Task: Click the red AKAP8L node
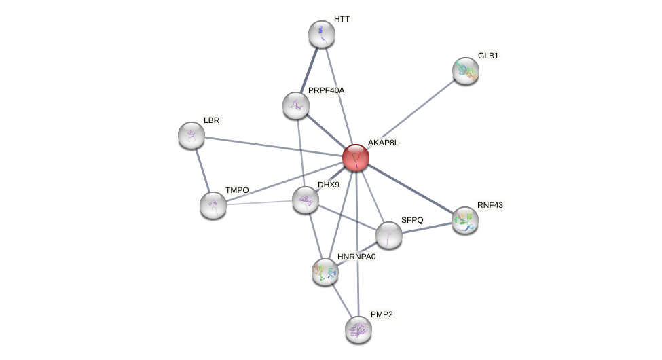(x=356, y=158)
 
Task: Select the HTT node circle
(x=322, y=34)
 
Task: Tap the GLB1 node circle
(x=466, y=71)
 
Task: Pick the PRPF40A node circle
(x=296, y=105)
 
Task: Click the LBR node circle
(x=191, y=135)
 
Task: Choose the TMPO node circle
(x=213, y=205)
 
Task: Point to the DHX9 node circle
(x=306, y=200)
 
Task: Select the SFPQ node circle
(x=389, y=235)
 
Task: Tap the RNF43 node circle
(x=465, y=220)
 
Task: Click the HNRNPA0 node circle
(x=325, y=272)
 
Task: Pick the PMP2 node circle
(x=358, y=329)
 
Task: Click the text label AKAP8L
(x=383, y=143)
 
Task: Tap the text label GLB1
(x=488, y=56)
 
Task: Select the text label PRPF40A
(x=326, y=90)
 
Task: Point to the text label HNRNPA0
(x=356, y=257)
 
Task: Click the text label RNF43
(x=490, y=205)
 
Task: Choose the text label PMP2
(x=381, y=314)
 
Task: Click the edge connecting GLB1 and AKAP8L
(x=411, y=114)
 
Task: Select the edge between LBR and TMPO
(x=202, y=170)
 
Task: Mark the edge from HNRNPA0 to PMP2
(x=342, y=300)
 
